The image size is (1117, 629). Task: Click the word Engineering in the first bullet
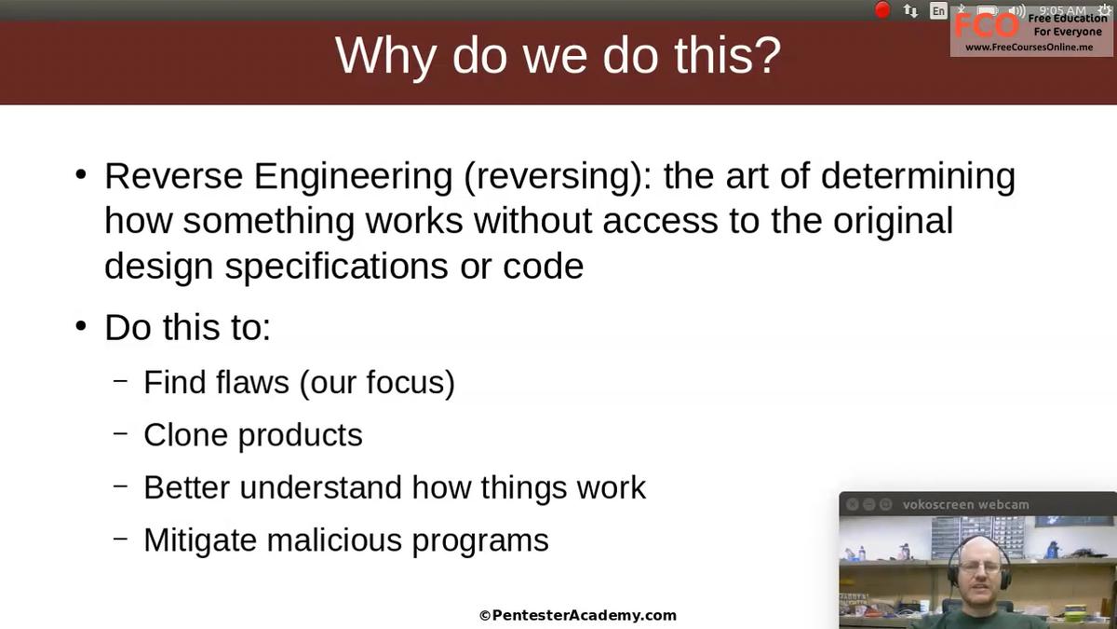point(353,177)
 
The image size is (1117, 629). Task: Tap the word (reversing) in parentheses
point(558,177)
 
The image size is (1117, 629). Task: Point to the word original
point(893,222)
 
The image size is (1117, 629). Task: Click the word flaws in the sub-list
point(252,382)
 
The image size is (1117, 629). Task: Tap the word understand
point(320,487)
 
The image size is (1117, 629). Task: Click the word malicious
point(334,540)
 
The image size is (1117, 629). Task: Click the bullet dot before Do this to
point(81,326)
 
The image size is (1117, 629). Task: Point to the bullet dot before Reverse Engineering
point(81,175)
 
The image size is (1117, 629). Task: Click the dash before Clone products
point(121,433)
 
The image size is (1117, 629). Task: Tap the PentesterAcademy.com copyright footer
point(578,616)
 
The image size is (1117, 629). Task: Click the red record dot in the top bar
point(882,10)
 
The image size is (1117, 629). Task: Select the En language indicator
point(938,10)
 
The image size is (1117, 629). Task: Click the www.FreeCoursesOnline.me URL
point(1030,48)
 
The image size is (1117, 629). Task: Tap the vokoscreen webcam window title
point(965,505)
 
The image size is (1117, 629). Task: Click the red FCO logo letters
point(987,25)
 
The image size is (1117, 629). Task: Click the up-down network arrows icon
point(910,11)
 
